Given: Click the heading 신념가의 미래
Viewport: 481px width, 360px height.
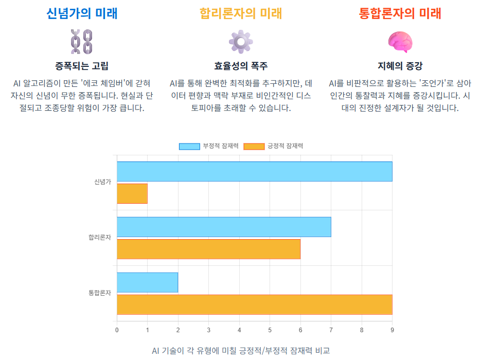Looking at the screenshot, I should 82,13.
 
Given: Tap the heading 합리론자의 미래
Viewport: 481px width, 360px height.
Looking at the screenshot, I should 240,13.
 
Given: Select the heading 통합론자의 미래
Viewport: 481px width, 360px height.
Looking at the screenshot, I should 400,13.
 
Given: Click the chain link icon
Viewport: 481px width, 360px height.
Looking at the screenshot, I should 81,42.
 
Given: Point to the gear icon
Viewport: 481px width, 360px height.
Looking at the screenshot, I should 240,42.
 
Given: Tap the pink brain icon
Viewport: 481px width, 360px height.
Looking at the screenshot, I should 400,42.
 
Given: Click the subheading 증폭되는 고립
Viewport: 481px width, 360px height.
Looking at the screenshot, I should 82,66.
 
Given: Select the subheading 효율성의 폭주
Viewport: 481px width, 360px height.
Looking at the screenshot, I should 240,66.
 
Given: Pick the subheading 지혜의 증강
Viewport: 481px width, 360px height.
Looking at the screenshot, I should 400,66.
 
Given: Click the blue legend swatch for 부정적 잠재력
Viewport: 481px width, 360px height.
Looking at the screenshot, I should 189,146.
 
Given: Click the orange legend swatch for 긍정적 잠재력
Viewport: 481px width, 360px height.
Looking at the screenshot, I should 254,146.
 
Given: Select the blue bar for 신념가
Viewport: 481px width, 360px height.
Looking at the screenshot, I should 254,171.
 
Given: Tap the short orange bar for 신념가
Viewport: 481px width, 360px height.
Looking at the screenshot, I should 132,193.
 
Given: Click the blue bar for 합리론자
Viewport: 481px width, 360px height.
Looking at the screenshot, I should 224,227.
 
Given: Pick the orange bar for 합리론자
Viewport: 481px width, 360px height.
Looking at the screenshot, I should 208,249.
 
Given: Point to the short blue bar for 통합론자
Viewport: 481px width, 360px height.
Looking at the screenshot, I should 147,282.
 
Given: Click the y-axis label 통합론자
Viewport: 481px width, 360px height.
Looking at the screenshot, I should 99,293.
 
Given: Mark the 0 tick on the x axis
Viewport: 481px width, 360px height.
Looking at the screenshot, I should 117,330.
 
